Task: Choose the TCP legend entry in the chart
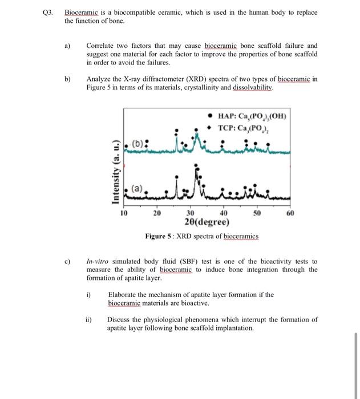(246, 128)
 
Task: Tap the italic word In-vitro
(99, 261)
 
